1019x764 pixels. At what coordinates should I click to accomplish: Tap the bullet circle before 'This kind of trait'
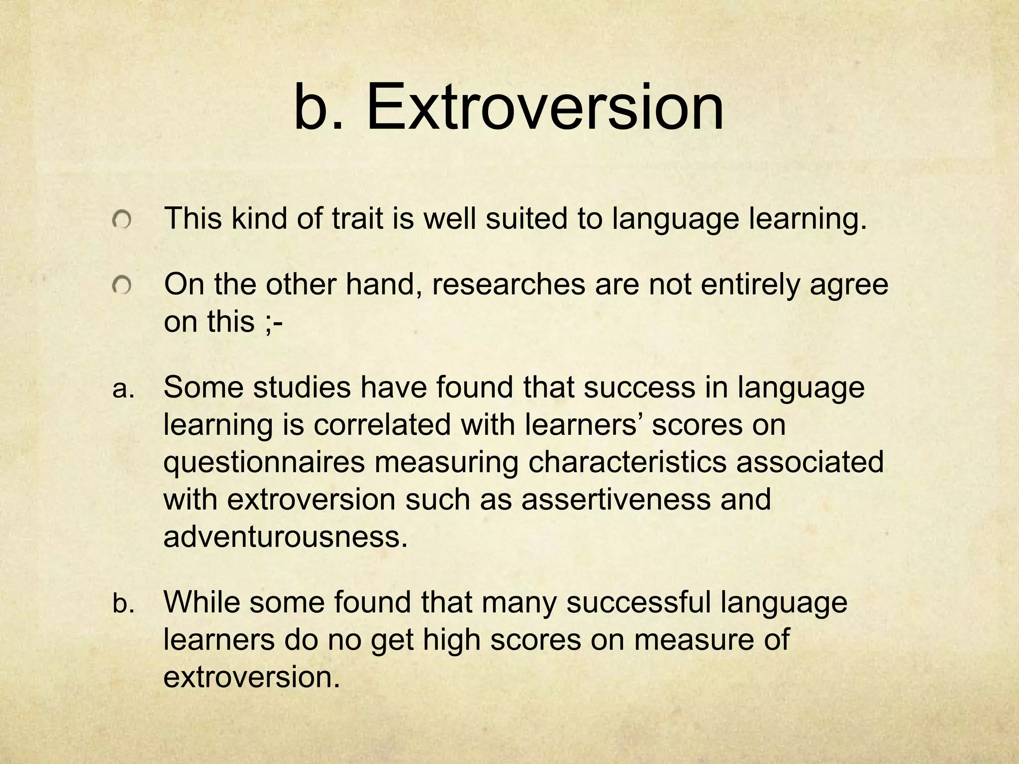click(x=121, y=219)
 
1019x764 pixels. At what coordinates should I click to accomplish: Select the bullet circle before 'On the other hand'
click(x=121, y=286)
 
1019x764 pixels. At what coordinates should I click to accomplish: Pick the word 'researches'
click(x=508, y=285)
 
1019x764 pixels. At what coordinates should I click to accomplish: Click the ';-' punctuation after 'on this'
click(x=273, y=322)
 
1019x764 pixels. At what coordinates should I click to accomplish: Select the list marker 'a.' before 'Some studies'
click(x=123, y=389)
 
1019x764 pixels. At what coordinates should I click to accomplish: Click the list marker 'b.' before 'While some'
click(x=123, y=604)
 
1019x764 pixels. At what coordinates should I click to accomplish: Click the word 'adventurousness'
click(x=281, y=536)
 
